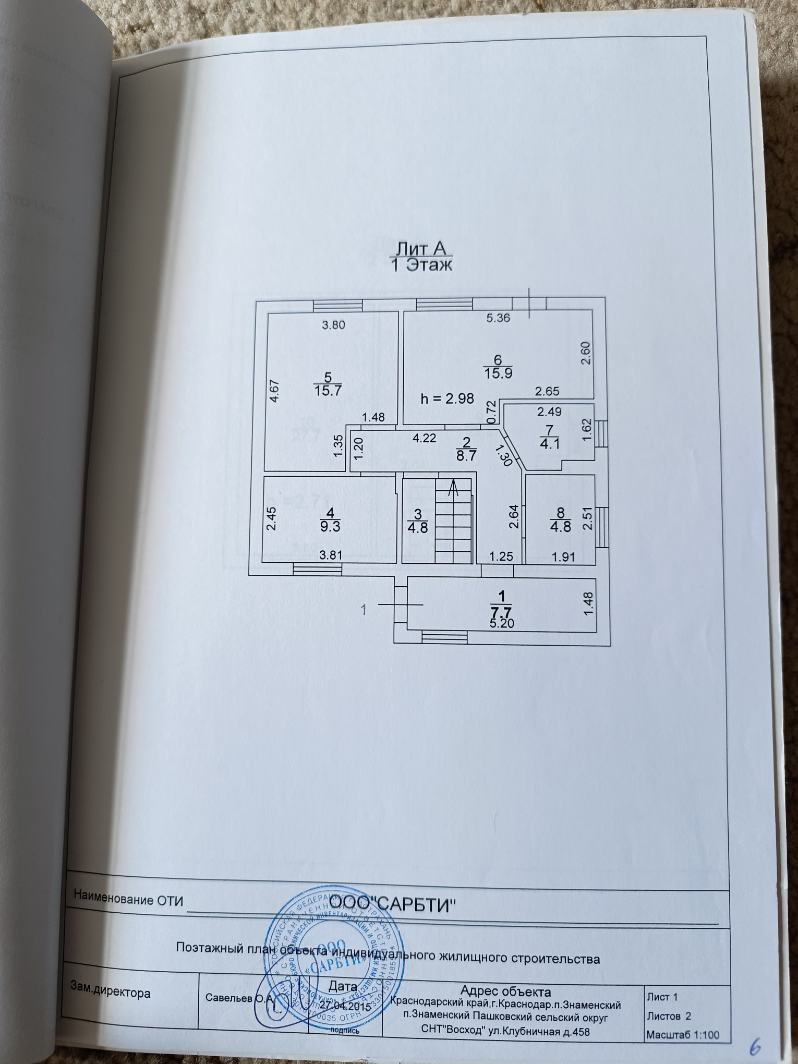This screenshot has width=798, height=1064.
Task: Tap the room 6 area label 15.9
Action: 498,373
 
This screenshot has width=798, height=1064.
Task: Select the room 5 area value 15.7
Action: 328,390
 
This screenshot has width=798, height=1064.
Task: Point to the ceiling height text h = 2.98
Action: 448,398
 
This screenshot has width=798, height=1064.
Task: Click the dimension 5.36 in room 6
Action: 498,318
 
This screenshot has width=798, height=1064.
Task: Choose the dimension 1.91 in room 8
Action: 563,557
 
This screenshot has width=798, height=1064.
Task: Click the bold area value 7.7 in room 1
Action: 502,611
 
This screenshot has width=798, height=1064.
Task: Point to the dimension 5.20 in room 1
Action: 503,623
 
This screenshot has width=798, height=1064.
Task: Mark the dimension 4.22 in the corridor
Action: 424,438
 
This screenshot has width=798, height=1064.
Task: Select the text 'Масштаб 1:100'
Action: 682,1034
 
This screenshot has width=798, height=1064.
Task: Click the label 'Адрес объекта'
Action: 505,991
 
